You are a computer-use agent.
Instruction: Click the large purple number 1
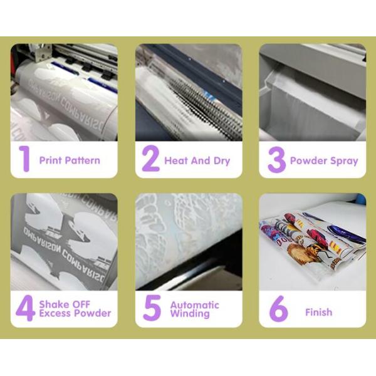pos(24,159)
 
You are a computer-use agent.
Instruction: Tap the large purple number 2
pos(150,159)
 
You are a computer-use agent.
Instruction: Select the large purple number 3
pos(277,160)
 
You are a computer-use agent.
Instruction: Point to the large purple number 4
pos(26,308)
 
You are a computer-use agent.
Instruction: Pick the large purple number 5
pos(152,308)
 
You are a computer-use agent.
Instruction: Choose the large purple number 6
pos(278,308)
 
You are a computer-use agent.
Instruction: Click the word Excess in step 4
pos(56,313)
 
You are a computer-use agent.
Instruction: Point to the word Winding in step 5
pos(190,314)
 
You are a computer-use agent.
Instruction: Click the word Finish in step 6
pos(319,312)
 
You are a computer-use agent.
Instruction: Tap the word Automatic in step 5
pos(195,305)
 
